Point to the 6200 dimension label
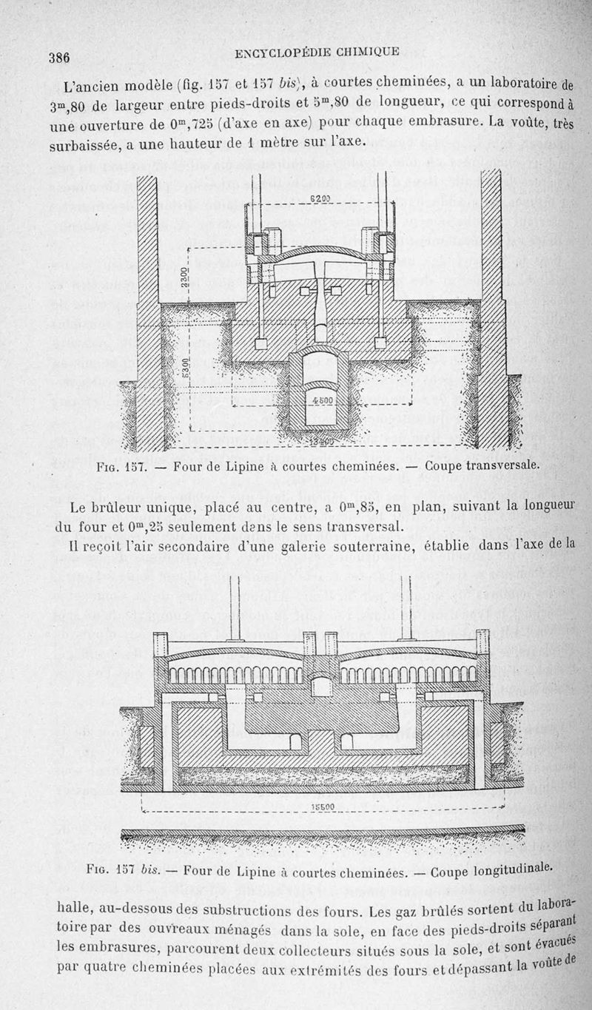point(320,198)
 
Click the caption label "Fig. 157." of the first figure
point(122,468)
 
